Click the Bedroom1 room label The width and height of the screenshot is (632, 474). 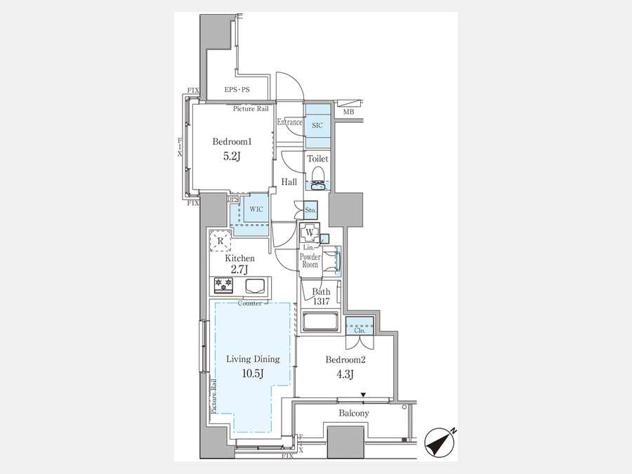pyautogui.click(x=232, y=142)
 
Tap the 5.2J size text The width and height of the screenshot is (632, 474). pyautogui.click(x=232, y=156)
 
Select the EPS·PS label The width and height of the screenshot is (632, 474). pyautogui.click(x=237, y=90)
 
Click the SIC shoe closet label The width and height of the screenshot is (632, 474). pyautogui.click(x=317, y=126)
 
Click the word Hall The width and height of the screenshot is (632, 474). pyautogui.click(x=289, y=182)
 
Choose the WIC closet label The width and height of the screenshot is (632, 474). pyautogui.click(x=256, y=209)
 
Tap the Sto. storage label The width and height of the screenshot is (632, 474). pyautogui.click(x=310, y=210)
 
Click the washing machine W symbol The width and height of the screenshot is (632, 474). pyautogui.click(x=310, y=232)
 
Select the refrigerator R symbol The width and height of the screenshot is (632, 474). pyautogui.click(x=220, y=241)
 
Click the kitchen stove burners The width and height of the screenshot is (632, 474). pyautogui.click(x=224, y=285)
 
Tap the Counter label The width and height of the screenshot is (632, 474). pyautogui.click(x=249, y=303)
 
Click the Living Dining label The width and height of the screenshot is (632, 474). pyautogui.click(x=253, y=359)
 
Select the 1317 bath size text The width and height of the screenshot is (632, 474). pyautogui.click(x=321, y=301)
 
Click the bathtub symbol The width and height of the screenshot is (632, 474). pyautogui.click(x=320, y=321)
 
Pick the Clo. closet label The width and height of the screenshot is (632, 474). pyautogui.click(x=360, y=330)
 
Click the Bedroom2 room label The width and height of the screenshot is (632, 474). pyautogui.click(x=345, y=360)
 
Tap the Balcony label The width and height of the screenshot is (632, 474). pyautogui.click(x=353, y=413)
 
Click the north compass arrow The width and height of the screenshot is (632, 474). pyautogui.click(x=440, y=442)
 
